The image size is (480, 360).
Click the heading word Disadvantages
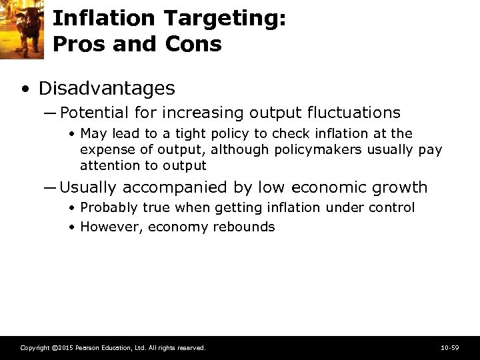pyautogui.click(x=107, y=88)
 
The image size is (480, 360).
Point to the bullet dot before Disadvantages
pyautogui.click(x=25, y=89)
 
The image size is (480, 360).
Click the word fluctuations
pyautogui.click(x=354, y=113)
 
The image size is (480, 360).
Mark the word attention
pyautogui.click(x=110, y=165)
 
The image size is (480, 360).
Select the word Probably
pyautogui.click(x=108, y=208)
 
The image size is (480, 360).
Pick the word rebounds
pyautogui.click(x=244, y=227)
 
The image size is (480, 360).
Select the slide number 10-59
pyautogui.click(x=450, y=348)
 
